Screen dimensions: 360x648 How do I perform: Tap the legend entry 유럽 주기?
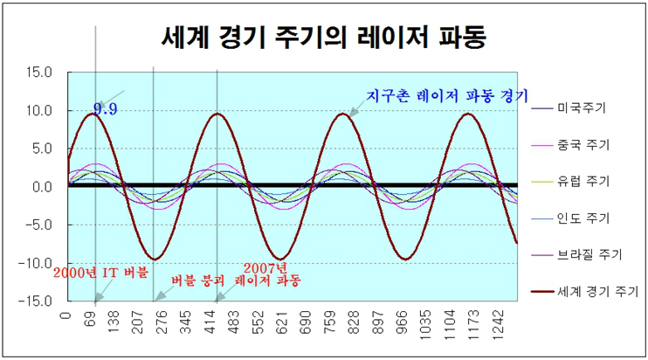583,182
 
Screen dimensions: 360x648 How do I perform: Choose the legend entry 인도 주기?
583,218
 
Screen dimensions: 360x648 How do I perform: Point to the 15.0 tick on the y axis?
40,73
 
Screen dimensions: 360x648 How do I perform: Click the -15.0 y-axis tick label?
38,301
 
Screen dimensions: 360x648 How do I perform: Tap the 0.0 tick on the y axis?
42,187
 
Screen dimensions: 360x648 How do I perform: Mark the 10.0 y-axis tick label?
40,111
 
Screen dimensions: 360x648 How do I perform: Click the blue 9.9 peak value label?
106,109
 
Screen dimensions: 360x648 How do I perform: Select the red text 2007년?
265,268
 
